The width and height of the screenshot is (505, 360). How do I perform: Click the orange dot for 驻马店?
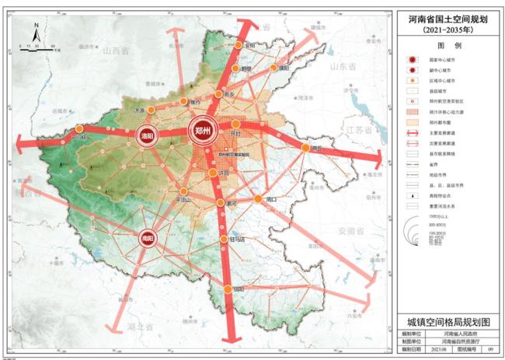(223, 239)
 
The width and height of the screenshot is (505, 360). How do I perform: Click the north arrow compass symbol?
(37, 33)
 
